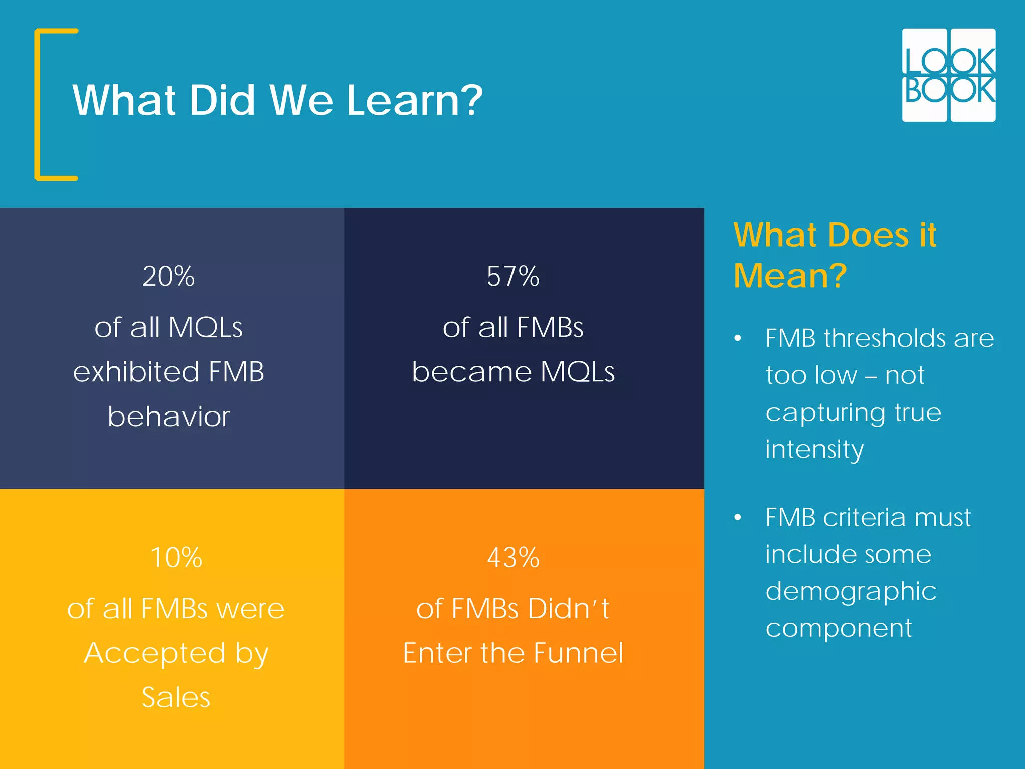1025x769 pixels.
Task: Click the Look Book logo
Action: tap(948, 75)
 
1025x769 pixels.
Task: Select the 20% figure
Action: tap(169, 276)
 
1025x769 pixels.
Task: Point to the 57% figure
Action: tap(513, 276)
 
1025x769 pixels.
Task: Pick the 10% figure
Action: tap(176, 558)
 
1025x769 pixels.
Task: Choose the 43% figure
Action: tap(513, 558)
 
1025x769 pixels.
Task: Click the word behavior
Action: tap(169, 417)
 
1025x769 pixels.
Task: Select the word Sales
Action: tap(176, 697)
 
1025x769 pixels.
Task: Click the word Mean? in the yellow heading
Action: tap(790, 276)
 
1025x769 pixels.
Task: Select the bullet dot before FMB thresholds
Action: tap(737, 339)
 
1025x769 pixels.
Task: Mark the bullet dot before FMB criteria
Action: tap(737, 518)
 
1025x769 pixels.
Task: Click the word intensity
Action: tap(814, 449)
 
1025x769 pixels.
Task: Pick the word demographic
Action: tap(851, 591)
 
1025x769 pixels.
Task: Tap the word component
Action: tap(839, 628)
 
